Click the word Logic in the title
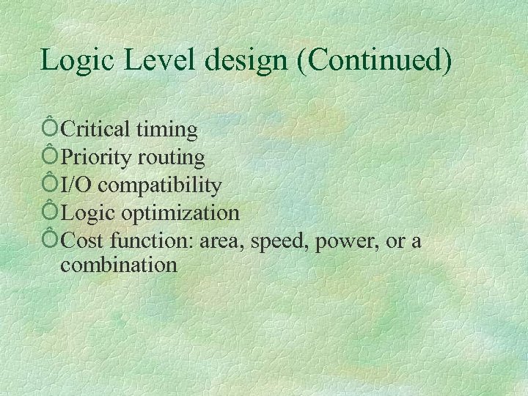(76, 60)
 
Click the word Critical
(95, 130)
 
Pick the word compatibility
(160, 186)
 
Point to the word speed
(279, 241)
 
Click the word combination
(119, 264)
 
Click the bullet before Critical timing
(50, 129)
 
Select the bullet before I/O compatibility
(50, 184)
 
